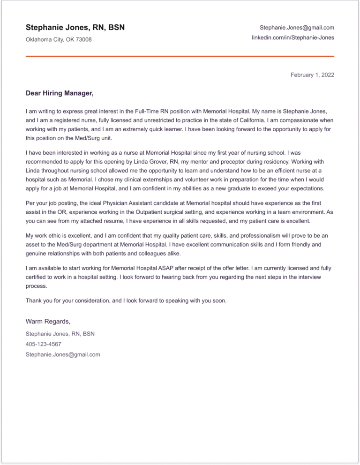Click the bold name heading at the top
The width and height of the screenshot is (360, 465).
pyautogui.click(x=75, y=28)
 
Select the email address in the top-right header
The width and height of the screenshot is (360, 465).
pyautogui.click(x=297, y=28)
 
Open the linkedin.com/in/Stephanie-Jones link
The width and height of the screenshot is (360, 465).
pyautogui.click(x=293, y=37)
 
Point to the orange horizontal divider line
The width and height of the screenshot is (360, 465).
pyautogui.click(x=180, y=57)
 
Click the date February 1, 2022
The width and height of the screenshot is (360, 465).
pyautogui.click(x=312, y=75)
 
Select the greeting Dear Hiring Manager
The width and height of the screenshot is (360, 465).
pyautogui.click(x=60, y=94)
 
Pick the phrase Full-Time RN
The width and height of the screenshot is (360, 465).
pyautogui.click(x=152, y=112)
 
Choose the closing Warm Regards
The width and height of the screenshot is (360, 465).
pyautogui.click(x=48, y=322)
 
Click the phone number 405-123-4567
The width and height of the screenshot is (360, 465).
pyautogui.click(x=44, y=344)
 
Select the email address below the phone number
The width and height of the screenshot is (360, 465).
pyautogui.click(x=63, y=354)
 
